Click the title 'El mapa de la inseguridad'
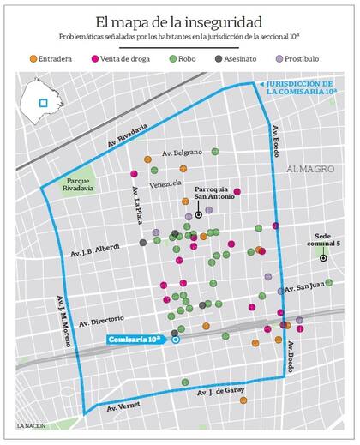coord(179,21)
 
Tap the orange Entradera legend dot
coord(33,58)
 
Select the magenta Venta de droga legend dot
coord(95,58)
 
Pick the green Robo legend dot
coord(174,58)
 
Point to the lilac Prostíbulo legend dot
coord(281,58)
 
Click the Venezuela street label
coord(165,183)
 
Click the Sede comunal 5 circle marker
coord(323,258)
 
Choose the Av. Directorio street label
coord(102,319)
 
